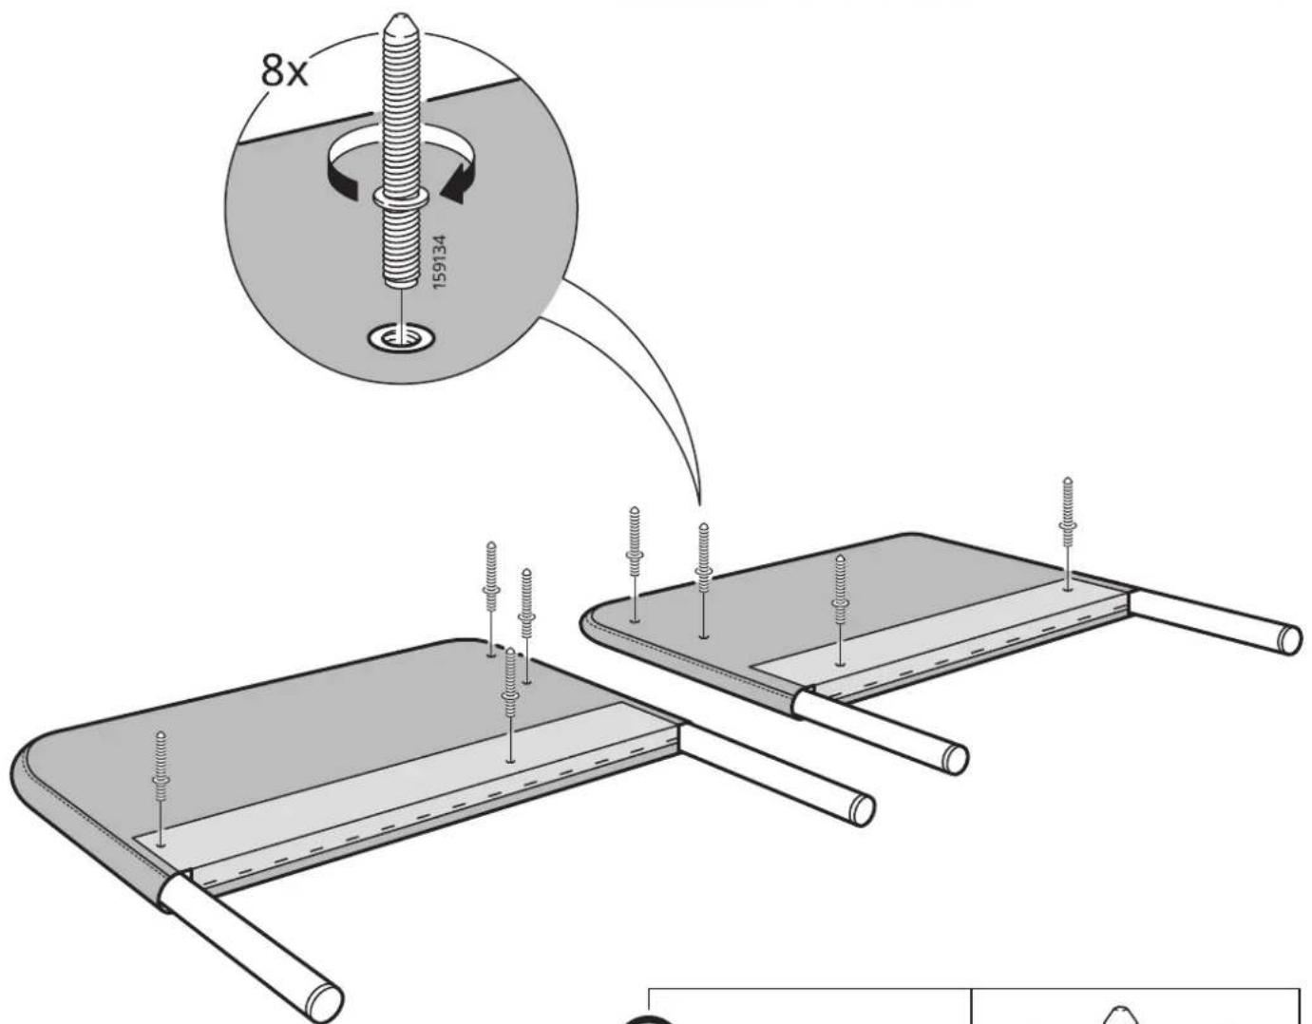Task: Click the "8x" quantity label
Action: pyautogui.click(x=284, y=70)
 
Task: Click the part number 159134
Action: pyautogui.click(x=440, y=262)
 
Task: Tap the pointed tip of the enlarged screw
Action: pyautogui.click(x=400, y=17)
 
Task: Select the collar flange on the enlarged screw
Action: pyautogui.click(x=401, y=196)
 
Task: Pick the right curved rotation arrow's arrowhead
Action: pyautogui.click(x=457, y=183)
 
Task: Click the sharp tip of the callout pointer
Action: pyautogui.click(x=700, y=504)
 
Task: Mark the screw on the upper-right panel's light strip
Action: pyautogui.click(x=840, y=610)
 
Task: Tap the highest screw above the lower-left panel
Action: pyautogui.click(x=491, y=598)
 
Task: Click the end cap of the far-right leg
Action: pyautogui.click(x=1289, y=639)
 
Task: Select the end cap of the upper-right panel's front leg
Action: pyautogui.click(x=956, y=759)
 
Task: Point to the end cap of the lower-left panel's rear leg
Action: pyautogui.click(x=862, y=810)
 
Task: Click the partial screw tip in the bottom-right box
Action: pyautogui.click(x=1120, y=1015)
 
